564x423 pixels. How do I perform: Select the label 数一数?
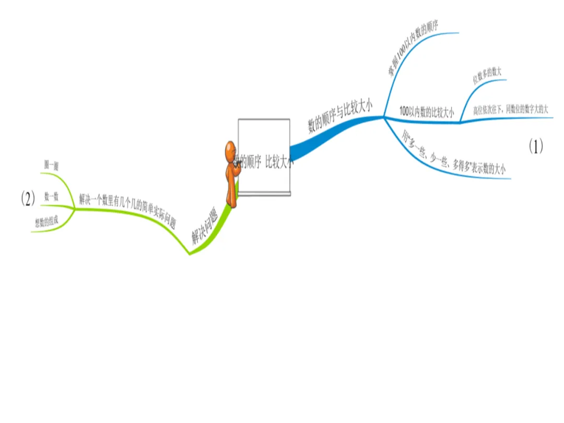(51, 197)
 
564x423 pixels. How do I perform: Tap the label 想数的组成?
(46, 222)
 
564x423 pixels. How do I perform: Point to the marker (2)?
(28, 198)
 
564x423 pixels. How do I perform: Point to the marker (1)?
(536, 147)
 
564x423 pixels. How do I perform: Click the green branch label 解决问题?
(204, 227)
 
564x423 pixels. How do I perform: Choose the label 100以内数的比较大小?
(426, 111)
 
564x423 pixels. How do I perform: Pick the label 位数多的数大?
(487, 76)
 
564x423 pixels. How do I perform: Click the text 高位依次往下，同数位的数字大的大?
(510, 110)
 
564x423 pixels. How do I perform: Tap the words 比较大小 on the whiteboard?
(279, 162)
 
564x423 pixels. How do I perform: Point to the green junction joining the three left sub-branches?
(75, 209)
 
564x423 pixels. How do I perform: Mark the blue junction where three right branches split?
(384, 118)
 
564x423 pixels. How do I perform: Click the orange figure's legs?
(231, 196)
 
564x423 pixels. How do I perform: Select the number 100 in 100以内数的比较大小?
(404, 111)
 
